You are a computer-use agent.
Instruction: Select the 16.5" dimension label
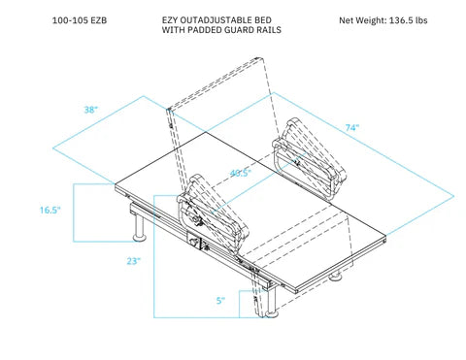click(51, 210)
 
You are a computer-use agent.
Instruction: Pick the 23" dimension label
click(132, 261)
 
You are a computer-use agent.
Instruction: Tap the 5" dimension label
click(221, 301)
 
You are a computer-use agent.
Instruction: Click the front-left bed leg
click(138, 229)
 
